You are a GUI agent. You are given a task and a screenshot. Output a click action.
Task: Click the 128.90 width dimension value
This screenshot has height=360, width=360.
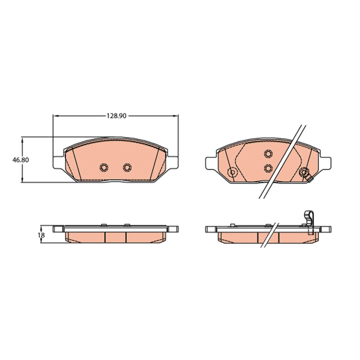[117, 116]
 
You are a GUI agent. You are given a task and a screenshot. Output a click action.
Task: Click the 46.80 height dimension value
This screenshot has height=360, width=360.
[21, 160]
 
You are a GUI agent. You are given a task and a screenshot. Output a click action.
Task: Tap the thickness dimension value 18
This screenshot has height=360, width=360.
[42, 235]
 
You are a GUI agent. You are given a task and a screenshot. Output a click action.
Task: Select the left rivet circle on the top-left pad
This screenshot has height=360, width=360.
[104, 167]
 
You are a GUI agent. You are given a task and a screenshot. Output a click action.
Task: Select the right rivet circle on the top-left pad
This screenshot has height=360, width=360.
[127, 167]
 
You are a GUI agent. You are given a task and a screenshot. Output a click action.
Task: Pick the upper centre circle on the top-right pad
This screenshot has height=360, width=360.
[268, 153]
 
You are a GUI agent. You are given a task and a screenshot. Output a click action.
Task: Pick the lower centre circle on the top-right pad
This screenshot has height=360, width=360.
[268, 168]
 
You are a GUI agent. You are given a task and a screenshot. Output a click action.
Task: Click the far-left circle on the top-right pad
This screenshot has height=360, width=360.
[232, 172]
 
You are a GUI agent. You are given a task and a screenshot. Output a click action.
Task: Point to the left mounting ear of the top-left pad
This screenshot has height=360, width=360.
[58, 162]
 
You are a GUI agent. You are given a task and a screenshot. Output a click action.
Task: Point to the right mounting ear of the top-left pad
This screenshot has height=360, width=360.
[172, 162]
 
